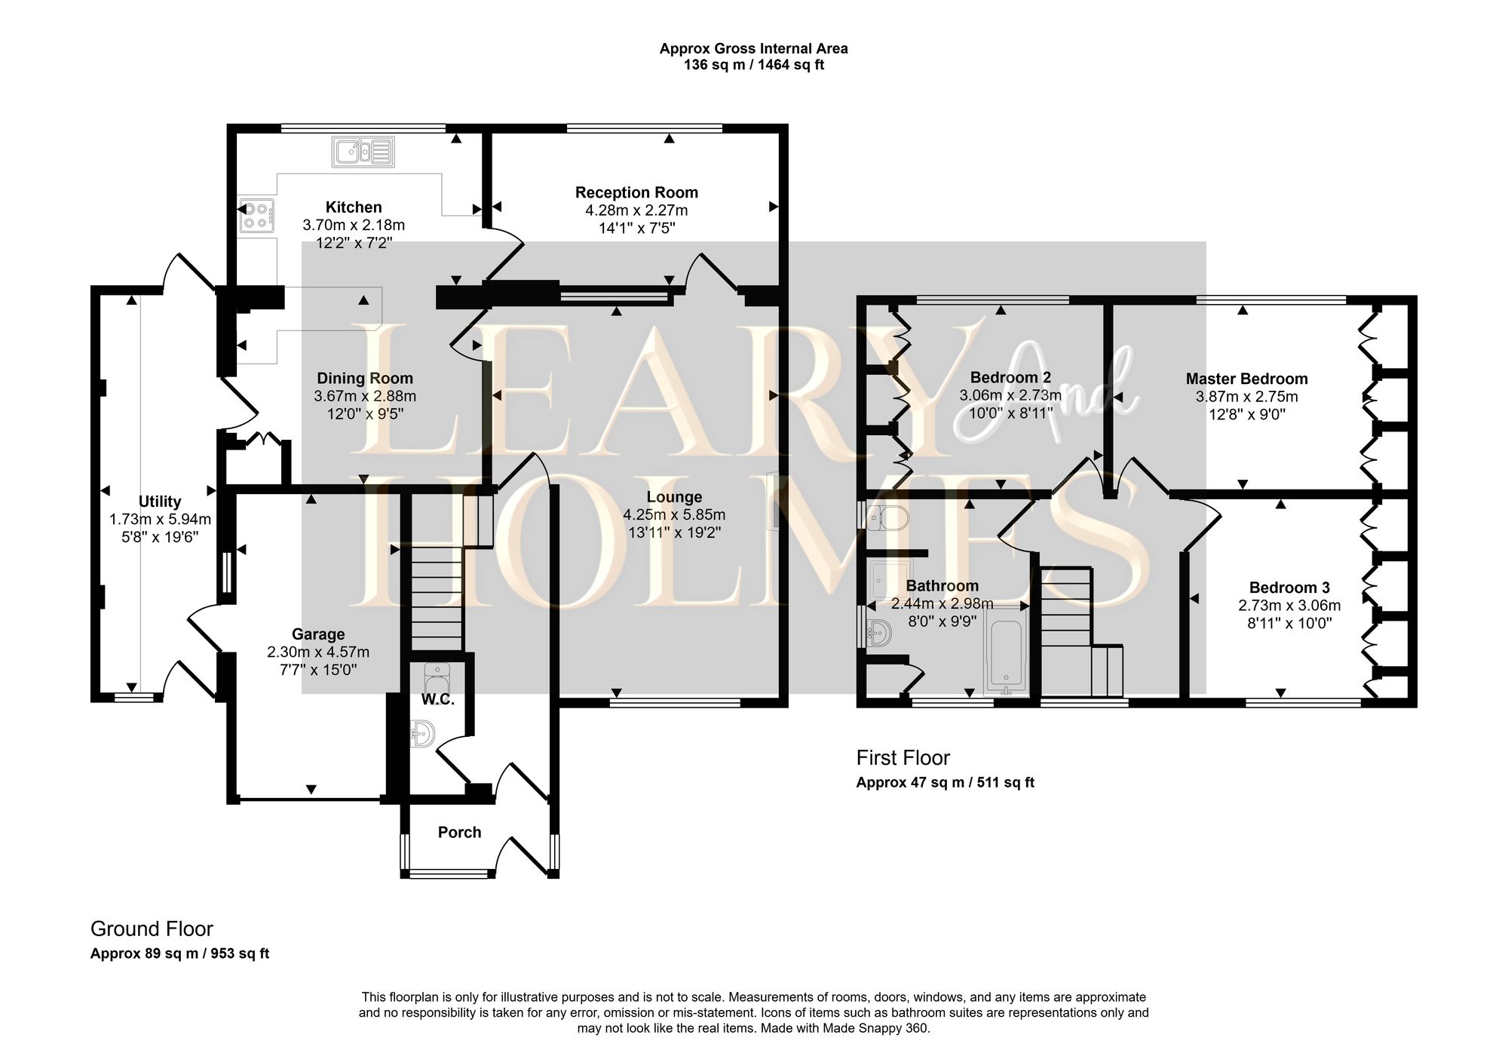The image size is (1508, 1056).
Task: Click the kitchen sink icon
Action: point(363,152)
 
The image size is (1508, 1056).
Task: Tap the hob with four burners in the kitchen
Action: point(256,214)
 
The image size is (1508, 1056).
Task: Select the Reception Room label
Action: point(636,192)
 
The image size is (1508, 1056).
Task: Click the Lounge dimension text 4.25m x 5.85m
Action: point(674,515)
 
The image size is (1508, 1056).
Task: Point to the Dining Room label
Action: point(364,379)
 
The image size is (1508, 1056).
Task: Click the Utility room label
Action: point(160,502)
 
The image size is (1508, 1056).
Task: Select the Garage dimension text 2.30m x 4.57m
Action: point(317,652)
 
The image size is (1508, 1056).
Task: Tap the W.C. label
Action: point(437,700)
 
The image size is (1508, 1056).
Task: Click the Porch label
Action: point(459,833)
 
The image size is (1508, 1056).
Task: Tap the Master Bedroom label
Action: point(1246,379)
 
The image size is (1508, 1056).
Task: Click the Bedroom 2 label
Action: point(1010,377)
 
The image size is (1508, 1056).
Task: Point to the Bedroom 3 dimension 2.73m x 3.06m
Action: point(1289,606)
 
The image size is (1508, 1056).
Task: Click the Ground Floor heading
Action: point(152,929)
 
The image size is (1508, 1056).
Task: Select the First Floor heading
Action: point(903,758)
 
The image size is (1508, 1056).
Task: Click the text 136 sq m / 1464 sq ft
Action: point(753,66)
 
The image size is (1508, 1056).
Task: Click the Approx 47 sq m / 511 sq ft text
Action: point(945,783)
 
